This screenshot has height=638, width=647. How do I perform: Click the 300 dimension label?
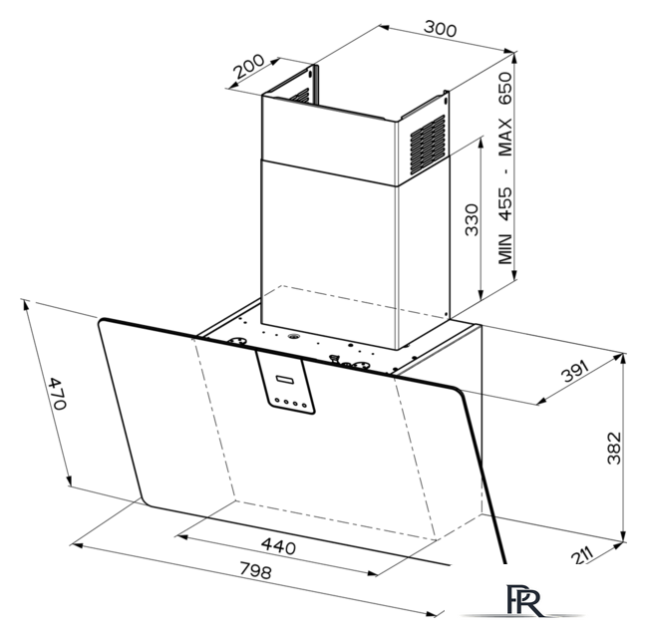click(441, 29)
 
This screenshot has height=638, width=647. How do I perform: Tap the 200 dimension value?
click(249, 66)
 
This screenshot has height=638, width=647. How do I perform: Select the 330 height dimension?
click(472, 219)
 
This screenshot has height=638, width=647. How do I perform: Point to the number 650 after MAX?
click(505, 89)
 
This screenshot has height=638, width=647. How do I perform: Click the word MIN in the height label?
click(505, 248)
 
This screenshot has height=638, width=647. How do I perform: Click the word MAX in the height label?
click(505, 137)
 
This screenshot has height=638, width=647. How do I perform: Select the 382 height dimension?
click(614, 448)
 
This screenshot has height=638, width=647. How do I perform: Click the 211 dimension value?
click(582, 555)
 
